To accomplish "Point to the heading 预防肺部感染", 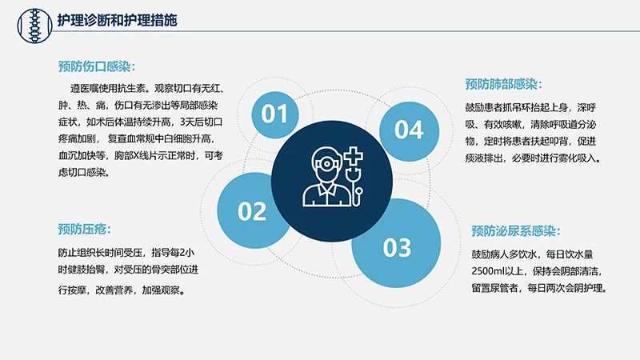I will click(x=503, y=84).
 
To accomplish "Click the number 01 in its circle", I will click(x=274, y=114).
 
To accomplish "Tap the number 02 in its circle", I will click(x=252, y=211).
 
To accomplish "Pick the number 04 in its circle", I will click(x=408, y=129).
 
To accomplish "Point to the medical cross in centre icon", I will click(x=351, y=155).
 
